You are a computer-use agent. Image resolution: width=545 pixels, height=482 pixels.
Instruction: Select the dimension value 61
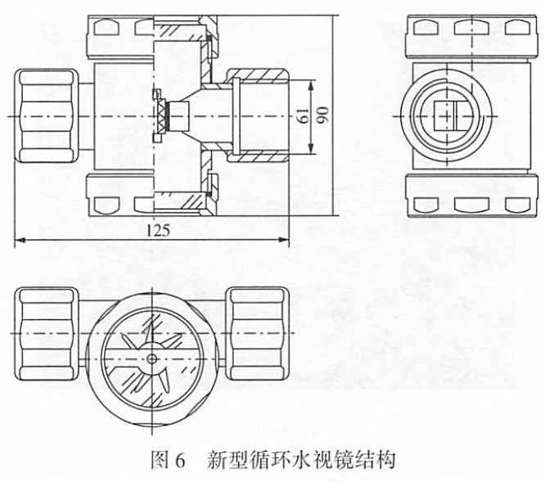pos(304,116)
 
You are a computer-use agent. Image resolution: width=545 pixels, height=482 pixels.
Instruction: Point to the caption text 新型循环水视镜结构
pos(302,461)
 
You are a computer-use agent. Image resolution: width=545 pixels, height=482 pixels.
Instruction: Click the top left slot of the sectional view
pos(107,27)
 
